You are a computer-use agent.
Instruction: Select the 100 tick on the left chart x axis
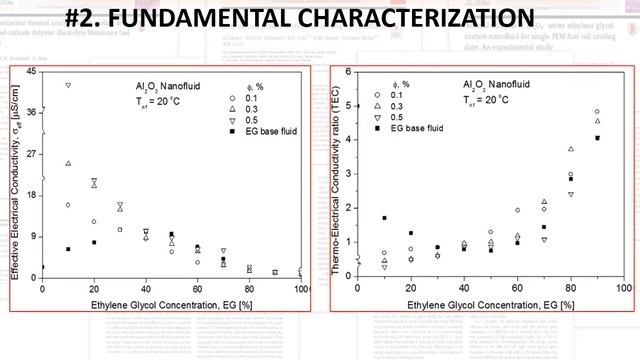(x=301, y=289)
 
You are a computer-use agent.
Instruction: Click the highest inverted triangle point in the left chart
(x=68, y=85)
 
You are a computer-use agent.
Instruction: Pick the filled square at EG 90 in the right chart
(x=597, y=138)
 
